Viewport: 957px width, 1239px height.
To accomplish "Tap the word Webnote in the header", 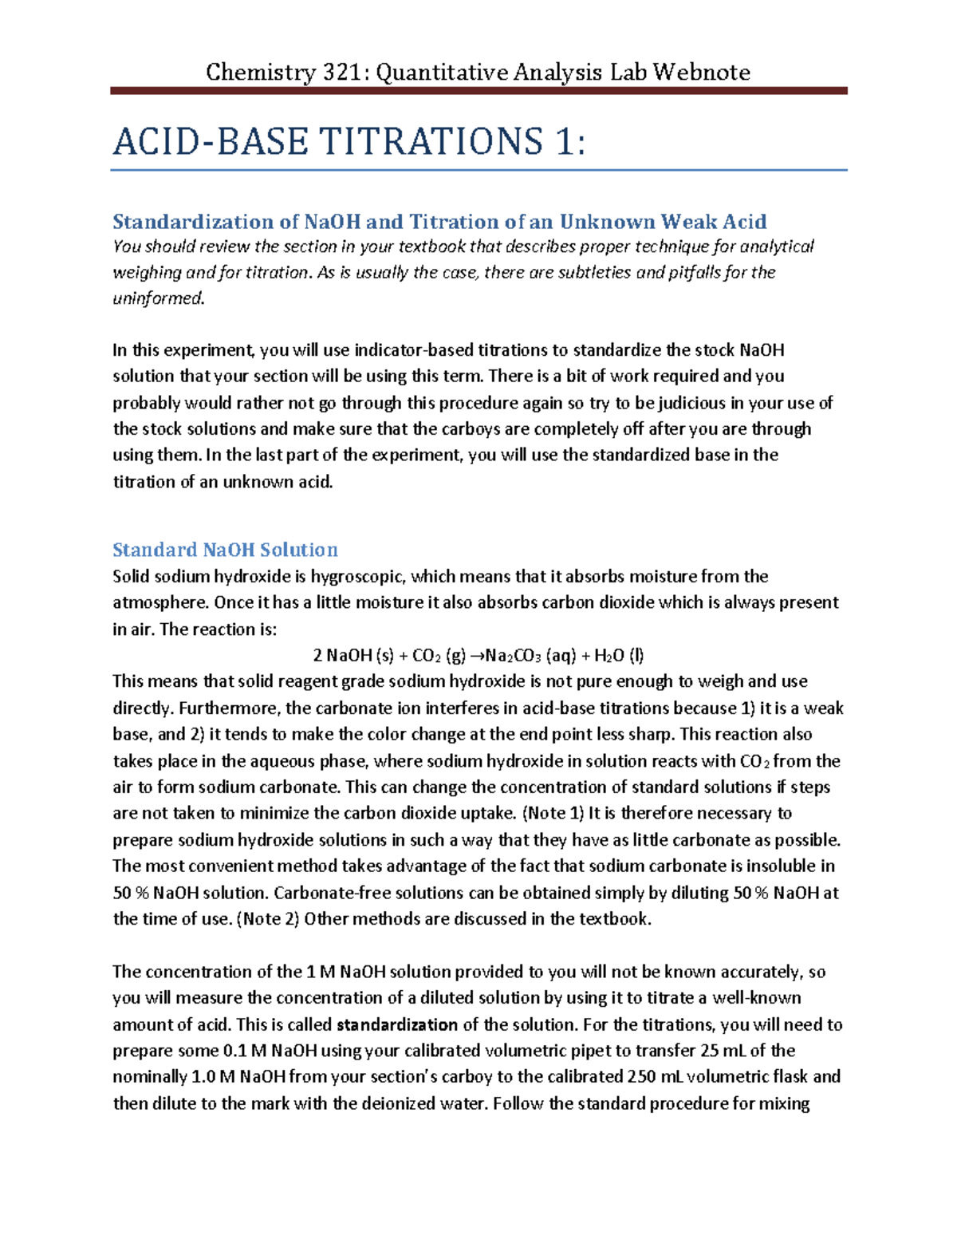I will pyautogui.click(x=702, y=73).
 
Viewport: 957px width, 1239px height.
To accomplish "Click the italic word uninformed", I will pyautogui.click(x=159, y=299).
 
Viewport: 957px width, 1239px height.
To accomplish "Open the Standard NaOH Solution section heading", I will pyautogui.click(x=225, y=550).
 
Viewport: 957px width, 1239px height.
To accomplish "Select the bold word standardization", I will pyautogui.click(x=397, y=1025).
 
